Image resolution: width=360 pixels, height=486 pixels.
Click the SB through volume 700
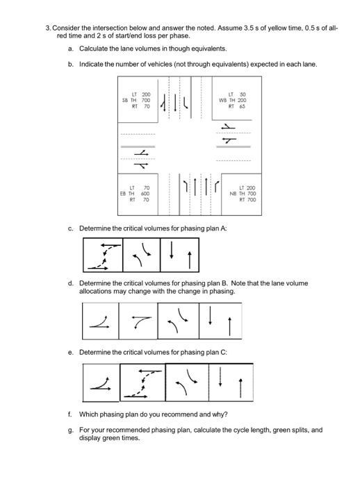click(x=146, y=101)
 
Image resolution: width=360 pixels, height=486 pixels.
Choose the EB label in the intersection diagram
click(x=126, y=194)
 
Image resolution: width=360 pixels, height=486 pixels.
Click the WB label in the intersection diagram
click(x=222, y=101)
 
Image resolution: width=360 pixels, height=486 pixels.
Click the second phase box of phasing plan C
click(x=142, y=384)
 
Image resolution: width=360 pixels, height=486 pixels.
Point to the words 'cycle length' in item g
click(x=274, y=430)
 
